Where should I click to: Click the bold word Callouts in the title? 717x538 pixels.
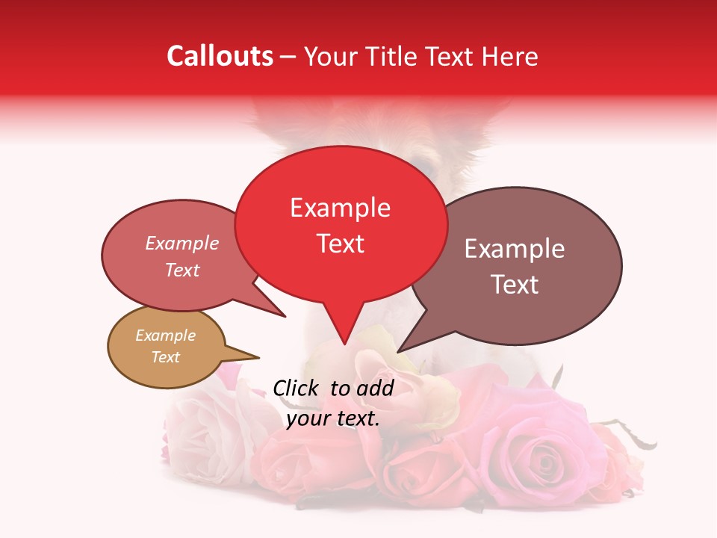click(x=220, y=56)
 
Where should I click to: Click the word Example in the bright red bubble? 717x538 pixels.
click(x=340, y=208)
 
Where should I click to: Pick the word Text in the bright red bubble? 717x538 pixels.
click(x=340, y=244)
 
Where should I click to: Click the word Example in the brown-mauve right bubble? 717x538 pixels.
click(x=515, y=249)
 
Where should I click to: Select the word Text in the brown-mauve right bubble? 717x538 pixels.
click(x=515, y=285)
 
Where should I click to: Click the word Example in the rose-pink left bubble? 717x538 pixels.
click(x=182, y=243)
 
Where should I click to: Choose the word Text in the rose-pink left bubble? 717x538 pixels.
click(x=182, y=270)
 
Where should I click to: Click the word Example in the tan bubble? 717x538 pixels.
click(x=165, y=336)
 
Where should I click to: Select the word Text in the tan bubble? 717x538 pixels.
click(x=165, y=357)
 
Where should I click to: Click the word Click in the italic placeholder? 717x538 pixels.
click(x=297, y=388)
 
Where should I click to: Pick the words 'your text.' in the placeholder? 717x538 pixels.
click(x=333, y=418)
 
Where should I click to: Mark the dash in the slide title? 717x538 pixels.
click(x=288, y=57)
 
